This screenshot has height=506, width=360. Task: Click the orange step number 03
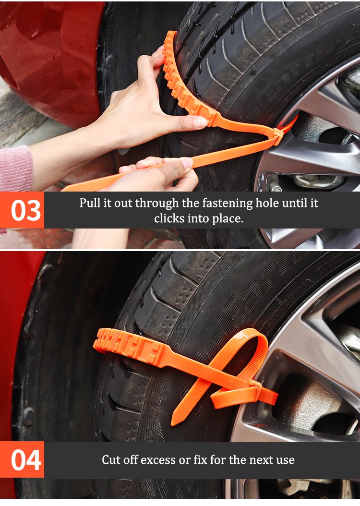coord(26,210)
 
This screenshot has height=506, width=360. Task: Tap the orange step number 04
coord(26,460)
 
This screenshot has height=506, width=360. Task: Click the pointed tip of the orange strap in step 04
coord(173,423)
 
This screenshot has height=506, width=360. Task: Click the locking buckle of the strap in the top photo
coord(277,136)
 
